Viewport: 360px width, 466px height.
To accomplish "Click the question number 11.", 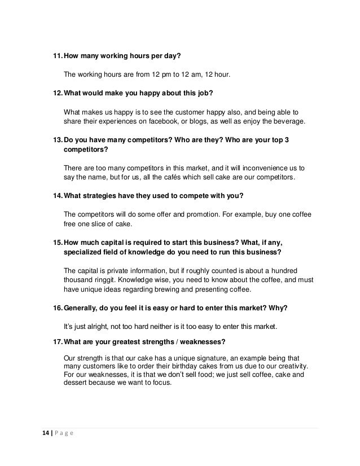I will point(57,56).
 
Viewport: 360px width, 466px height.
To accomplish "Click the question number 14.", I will point(58,196).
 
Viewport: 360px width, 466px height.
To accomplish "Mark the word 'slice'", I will point(96,225).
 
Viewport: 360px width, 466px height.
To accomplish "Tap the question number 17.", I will point(58,341).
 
